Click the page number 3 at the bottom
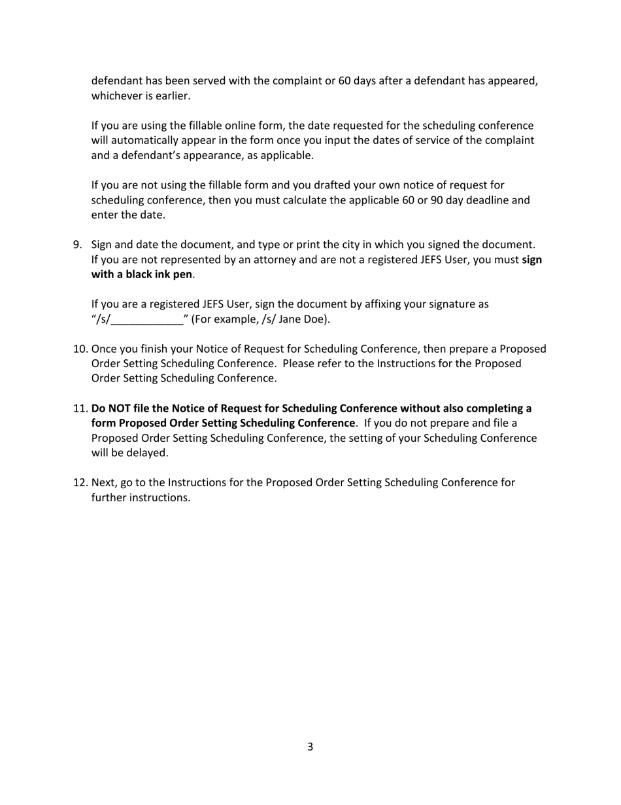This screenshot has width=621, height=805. [310, 747]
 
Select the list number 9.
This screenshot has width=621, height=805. [77, 245]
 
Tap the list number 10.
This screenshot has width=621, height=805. [80, 349]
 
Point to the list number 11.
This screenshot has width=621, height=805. [80, 408]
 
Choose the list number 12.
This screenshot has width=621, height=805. [80, 483]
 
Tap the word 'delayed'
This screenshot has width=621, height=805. [148, 453]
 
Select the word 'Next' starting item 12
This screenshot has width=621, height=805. [103, 483]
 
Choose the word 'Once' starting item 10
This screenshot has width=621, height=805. [105, 349]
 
